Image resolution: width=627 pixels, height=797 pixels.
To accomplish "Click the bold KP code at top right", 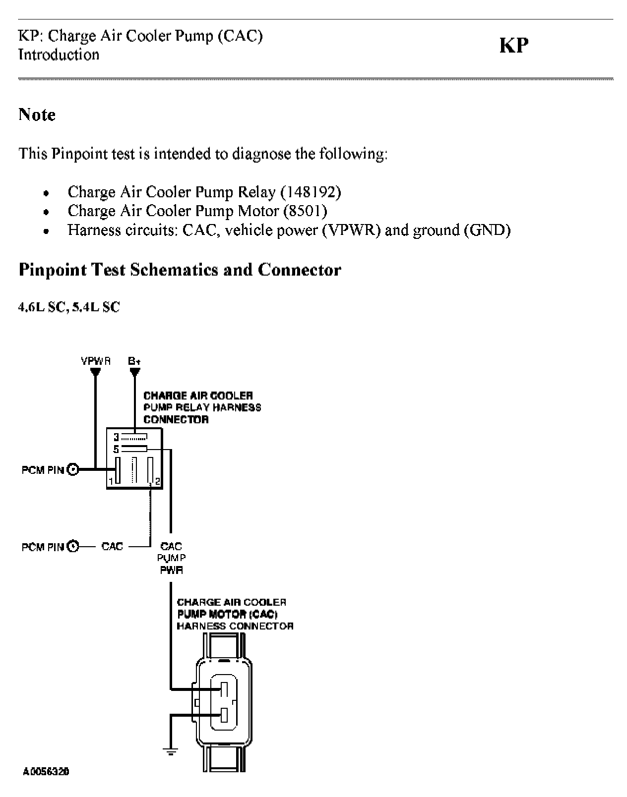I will click(x=514, y=45).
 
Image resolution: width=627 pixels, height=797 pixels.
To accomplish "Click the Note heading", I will click(x=37, y=114).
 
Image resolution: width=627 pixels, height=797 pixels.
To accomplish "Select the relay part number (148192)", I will click(x=311, y=192).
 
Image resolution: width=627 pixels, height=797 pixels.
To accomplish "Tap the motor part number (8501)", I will click(x=305, y=211).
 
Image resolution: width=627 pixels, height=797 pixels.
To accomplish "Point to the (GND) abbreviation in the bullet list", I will click(x=487, y=230).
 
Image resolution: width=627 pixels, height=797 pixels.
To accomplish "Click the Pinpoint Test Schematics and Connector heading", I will click(x=180, y=270).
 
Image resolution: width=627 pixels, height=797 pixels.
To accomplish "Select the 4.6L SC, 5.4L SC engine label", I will click(x=69, y=307).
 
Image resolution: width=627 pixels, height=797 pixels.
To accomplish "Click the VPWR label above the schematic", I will click(x=96, y=361).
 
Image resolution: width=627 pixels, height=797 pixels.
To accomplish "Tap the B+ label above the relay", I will click(x=134, y=361).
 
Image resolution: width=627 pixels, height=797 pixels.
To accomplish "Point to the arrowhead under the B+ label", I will click(x=134, y=372).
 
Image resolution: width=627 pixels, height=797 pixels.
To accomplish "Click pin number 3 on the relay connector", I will click(x=116, y=437).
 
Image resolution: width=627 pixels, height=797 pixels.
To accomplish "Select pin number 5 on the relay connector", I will click(x=116, y=450).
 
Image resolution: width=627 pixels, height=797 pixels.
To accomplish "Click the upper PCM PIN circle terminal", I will click(x=73, y=469).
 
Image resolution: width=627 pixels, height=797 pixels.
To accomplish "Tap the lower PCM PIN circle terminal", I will click(x=73, y=546).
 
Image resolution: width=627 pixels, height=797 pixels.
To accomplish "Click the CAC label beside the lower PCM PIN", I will click(x=112, y=546).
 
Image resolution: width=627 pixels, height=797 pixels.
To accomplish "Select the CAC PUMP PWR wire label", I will click(x=171, y=558).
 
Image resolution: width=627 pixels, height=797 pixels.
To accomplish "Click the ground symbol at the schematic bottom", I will click(x=171, y=752).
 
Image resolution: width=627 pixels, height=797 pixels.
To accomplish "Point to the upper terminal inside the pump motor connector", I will click(x=224, y=689).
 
